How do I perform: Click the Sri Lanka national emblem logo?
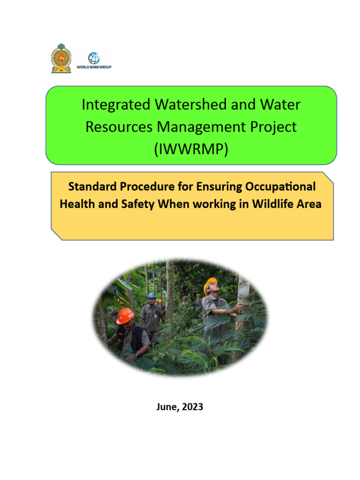click(x=61, y=58)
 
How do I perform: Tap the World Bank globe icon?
click(x=94, y=58)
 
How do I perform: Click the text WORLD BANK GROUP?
click(x=94, y=67)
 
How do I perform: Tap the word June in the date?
click(x=166, y=407)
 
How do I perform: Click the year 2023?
click(x=193, y=407)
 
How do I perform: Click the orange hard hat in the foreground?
click(x=125, y=315)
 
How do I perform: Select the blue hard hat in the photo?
click(x=151, y=296)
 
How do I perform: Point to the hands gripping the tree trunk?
click(x=238, y=307)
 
